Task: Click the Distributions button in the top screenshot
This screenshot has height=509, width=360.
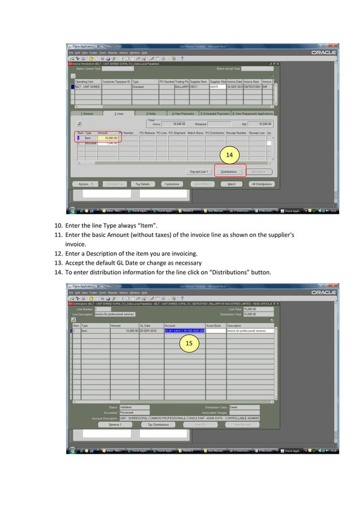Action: (x=229, y=172)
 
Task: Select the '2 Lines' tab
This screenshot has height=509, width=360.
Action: (x=119, y=113)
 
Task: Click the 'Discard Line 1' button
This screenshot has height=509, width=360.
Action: (x=199, y=172)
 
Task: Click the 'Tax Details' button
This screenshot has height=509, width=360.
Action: (x=142, y=184)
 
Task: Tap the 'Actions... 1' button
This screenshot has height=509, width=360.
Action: (x=86, y=184)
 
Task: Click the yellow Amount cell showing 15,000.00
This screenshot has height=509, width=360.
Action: (x=108, y=138)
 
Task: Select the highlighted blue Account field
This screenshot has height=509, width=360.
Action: (x=184, y=331)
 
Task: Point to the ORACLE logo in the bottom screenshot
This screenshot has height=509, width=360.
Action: (x=323, y=292)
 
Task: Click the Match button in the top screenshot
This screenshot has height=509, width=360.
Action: (x=231, y=184)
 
